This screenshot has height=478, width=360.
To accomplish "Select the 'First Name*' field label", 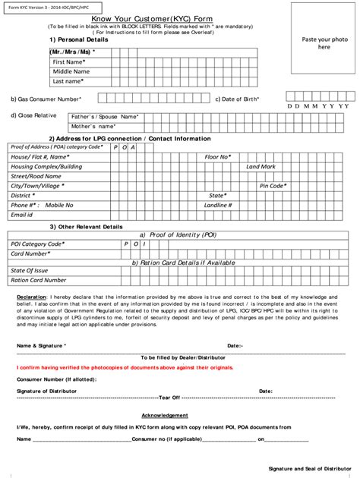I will pyautogui.click(x=69, y=61).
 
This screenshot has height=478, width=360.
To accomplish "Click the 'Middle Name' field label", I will pyautogui.click(x=71, y=71).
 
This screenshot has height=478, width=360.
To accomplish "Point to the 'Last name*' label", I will pyautogui.click(x=68, y=80).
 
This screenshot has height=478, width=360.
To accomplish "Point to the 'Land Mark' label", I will pyautogui.click(x=261, y=166).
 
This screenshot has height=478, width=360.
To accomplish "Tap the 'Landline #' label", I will pyautogui.click(x=219, y=205).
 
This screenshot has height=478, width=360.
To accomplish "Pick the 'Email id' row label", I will pyautogui.click(x=21, y=215).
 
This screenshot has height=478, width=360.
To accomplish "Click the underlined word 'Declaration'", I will pyautogui.click(x=33, y=296).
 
